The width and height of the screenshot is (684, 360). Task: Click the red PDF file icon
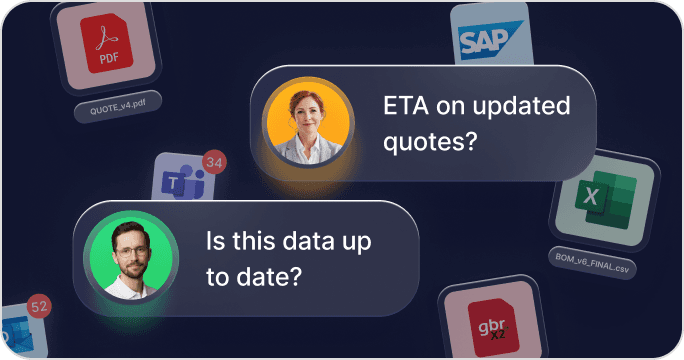pyautogui.click(x=106, y=43)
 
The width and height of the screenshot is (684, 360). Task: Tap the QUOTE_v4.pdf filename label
pyautogui.click(x=118, y=107)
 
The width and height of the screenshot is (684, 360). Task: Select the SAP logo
pyautogui.click(x=490, y=39)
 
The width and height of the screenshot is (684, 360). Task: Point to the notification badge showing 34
pyautogui.click(x=214, y=162)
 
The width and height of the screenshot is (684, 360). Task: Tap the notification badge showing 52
pyautogui.click(x=39, y=306)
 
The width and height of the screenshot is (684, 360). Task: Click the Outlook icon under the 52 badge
pyautogui.click(x=17, y=334)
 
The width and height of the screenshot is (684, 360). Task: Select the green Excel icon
pyautogui.click(x=606, y=199)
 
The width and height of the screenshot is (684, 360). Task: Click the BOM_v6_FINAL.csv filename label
pyautogui.click(x=592, y=263)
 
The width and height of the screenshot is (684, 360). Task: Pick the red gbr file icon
pyautogui.click(x=493, y=327)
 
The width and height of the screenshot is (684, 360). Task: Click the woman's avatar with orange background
pyautogui.click(x=308, y=123)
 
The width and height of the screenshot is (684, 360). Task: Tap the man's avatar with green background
pyautogui.click(x=131, y=257)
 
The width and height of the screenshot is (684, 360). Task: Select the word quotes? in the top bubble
pyautogui.click(x=430, y=142)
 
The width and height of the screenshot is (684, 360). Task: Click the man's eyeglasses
pyautogui.click(x=131, y=251)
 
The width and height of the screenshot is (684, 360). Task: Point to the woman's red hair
pyautogui.click(x=307, y=103)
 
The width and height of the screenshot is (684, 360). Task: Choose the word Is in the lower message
pyautogui.click(x=215, y=240)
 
